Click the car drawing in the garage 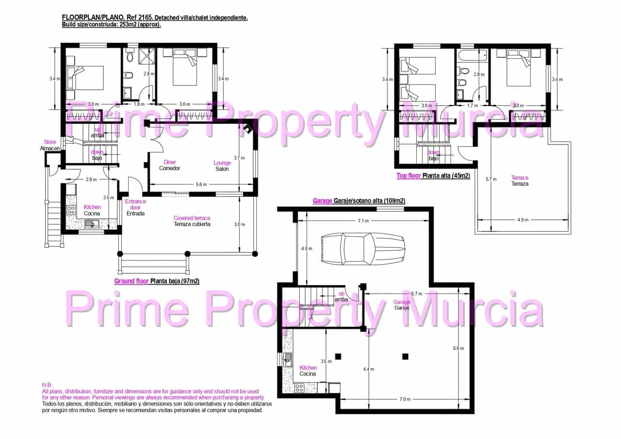(x=363, y=249)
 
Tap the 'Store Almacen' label (x=50, y=145)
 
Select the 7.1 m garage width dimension (x=363, y=221)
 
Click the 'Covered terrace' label (x=192, y=221)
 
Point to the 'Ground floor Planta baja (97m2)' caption (x=157, y=281)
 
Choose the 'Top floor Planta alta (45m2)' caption (x=433, y=176)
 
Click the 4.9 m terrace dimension (x=523, y=220)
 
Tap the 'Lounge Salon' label (x=222, y=166)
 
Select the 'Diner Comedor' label (x=170, y=165)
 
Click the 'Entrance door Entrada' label (x=135, y=207)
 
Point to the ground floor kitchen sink (x=90, y=224)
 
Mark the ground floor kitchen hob (x=71, y=210)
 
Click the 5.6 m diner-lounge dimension (x=201, y=185)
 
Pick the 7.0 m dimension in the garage (x=405, y=399)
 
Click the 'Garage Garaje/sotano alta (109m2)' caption (x=359, y=200)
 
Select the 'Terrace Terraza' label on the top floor (x=520, y=181)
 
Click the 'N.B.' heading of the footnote (x=47, y=385)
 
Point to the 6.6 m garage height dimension (x=458, y=348)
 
